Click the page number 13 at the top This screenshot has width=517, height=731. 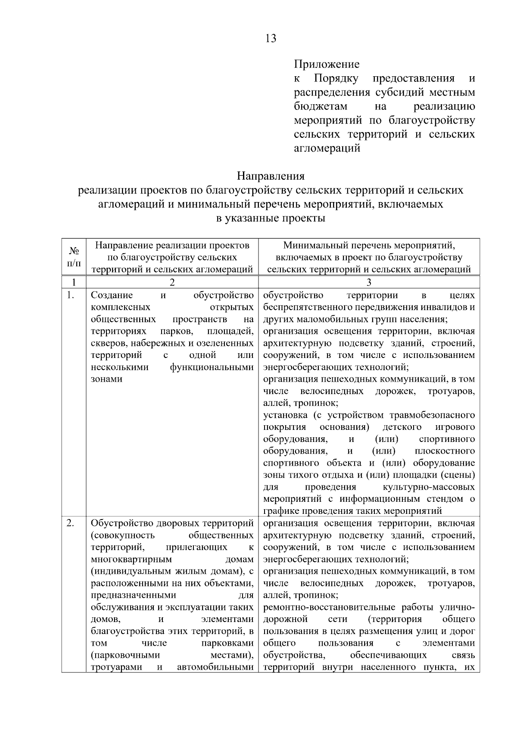[x=271, y=39]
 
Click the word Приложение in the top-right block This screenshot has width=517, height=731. [x=327, y=65]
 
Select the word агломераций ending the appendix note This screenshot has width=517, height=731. [x=327, y=149]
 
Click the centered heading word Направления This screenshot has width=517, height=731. [x=271, y=176]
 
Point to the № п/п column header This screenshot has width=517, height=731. [x=74, y=257]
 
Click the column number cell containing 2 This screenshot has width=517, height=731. [x=172, y=283]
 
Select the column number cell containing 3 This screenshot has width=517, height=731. [x=369, y=283]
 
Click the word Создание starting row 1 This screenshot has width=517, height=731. [x=112, y=296]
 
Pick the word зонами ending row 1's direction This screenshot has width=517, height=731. [x=106, y=379]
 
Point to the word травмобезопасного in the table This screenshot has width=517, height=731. [x=432, y=415]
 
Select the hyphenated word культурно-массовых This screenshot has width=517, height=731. [x=429, y=487]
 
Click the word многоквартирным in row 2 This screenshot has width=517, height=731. [x=131, y=560]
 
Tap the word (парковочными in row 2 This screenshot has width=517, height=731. [x=125, y=655]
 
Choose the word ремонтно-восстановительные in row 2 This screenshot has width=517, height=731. [x=329, y=607]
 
